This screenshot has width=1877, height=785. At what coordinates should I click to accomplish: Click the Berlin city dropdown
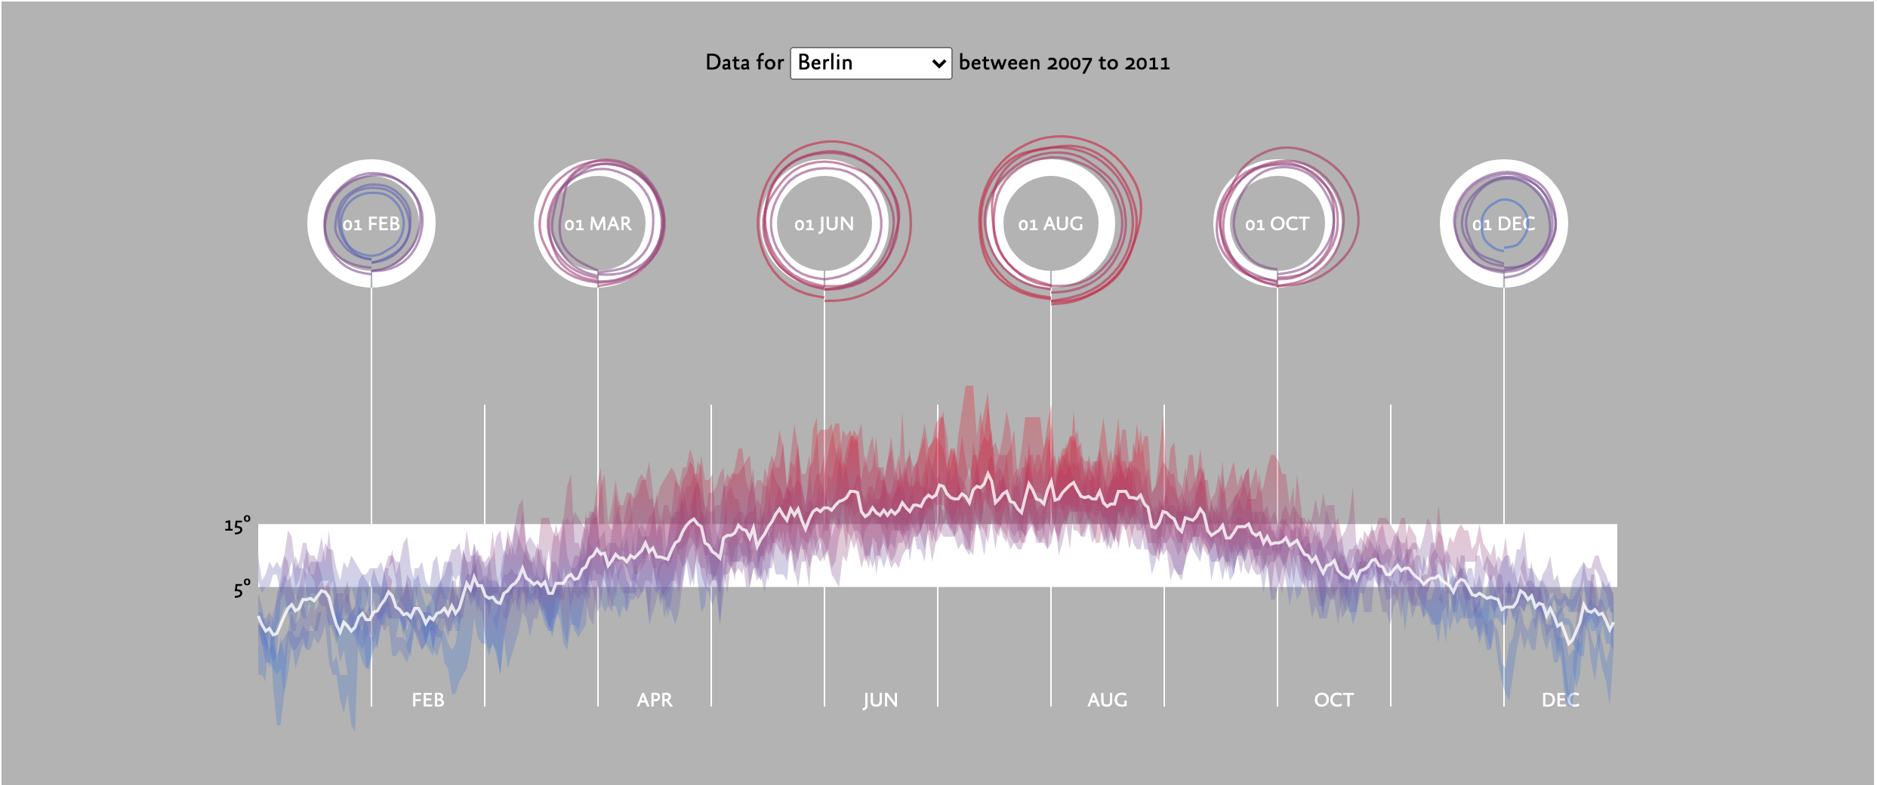pos(871,63)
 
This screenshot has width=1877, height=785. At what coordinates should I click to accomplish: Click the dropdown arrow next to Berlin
pos(938,63)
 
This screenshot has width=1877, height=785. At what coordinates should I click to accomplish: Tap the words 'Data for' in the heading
pos(744,63)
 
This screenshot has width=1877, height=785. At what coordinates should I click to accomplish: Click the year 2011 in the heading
pos(1147,63)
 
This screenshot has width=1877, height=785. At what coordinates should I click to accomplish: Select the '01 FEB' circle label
pos(371,224)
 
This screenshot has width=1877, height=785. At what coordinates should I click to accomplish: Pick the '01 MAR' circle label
pos(598,224)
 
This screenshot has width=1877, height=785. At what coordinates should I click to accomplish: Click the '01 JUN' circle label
pos(824,224)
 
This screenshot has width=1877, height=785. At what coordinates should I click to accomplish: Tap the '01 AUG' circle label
pos(1050,224)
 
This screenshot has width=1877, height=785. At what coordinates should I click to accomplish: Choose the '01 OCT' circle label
pos(1277,224)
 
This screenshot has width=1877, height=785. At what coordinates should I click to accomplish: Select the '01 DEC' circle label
pos(1503,224)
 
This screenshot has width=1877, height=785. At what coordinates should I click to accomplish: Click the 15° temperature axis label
pos(237,525)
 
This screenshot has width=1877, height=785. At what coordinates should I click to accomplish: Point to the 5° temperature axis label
pos(242,589)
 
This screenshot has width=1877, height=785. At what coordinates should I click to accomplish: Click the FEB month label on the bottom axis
pos(428,700)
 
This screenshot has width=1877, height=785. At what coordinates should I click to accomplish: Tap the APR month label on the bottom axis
pos(655,700)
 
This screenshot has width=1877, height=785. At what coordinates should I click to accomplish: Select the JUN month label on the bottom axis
pos(880,700)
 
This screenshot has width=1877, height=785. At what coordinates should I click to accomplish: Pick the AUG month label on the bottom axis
pos(1107,700)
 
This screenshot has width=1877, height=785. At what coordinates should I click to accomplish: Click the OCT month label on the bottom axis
pos(1333,700)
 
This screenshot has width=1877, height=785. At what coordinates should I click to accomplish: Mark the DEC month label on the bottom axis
pos(1560,700)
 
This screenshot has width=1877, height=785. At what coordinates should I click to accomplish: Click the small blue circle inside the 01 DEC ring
pos(1481,224)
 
